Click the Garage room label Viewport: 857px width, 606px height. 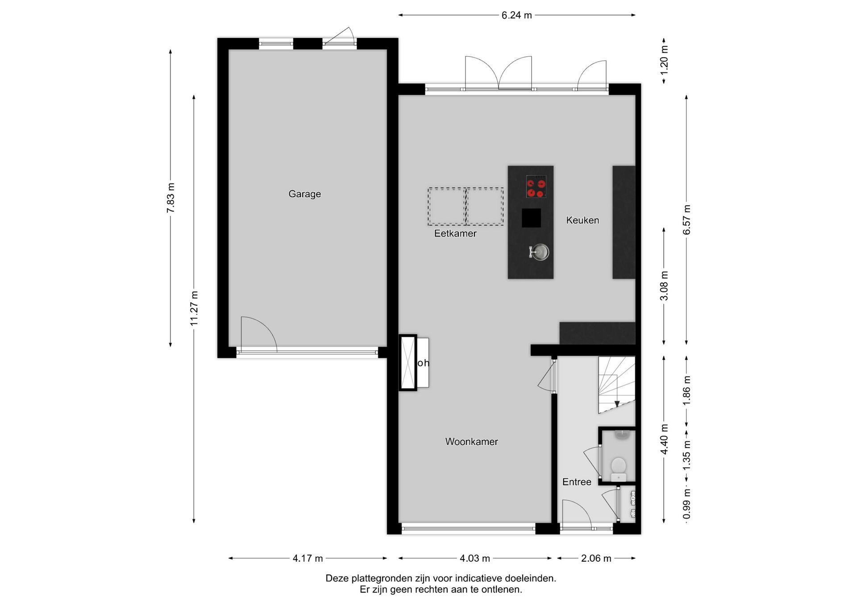point(304,194)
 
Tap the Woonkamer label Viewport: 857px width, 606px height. point(471,441)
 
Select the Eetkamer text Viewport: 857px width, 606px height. point(455,233)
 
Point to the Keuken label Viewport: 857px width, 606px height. point(582,220)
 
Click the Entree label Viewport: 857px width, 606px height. point(577,482)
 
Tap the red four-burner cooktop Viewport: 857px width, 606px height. point(536,187)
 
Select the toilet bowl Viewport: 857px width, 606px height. point(618,466)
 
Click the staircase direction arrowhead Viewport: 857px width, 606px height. point(617,404)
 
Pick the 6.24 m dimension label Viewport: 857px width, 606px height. point(516,15)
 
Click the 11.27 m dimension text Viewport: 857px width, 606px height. point(194,308)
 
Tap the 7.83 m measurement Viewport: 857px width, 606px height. point(171,198)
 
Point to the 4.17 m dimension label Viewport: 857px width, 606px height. point(308,558)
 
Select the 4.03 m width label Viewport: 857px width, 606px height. point(475,558)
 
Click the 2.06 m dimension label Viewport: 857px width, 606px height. point(596,558)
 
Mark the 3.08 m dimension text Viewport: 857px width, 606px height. point(664,286)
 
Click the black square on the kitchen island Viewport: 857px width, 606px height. point(531,218)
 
